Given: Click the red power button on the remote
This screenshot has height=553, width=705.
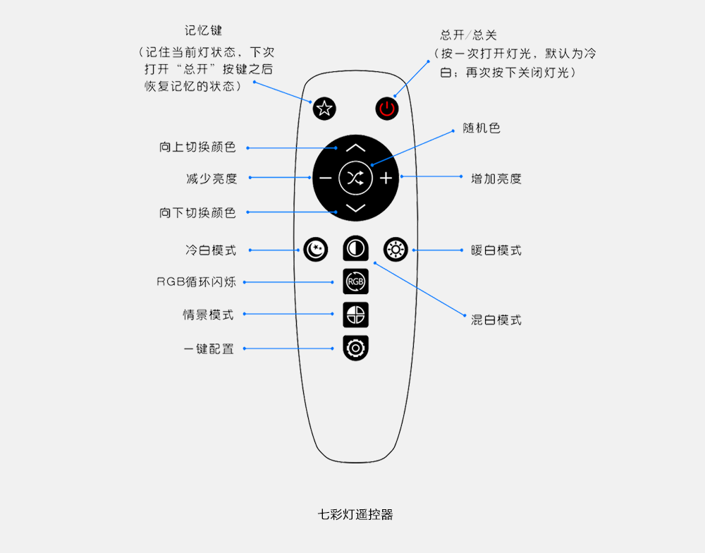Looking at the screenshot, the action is tap(386, 109).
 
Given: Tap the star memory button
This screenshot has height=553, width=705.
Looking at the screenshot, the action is tap(324, 109).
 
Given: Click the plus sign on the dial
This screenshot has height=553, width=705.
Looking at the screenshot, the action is tap(386, 178).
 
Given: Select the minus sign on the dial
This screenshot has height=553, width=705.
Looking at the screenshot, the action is tap(325, 178).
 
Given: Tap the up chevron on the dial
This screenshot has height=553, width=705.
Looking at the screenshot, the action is tap(355, 148).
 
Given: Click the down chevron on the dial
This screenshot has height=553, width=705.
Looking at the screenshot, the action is tap(355, 208).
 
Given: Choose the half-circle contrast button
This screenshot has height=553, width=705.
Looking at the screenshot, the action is tap(355, 248).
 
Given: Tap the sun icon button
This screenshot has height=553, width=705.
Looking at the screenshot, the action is tap(396, 249).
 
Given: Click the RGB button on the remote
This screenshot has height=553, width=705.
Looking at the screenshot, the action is tap(355, 281).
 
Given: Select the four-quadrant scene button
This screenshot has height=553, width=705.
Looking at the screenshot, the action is tap(355, 315).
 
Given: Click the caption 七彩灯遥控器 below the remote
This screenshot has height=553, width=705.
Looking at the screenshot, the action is tap(355, 514).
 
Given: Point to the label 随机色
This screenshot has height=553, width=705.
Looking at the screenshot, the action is tap(482, 128).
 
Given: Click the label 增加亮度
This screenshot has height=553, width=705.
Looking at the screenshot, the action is tap(496, 178).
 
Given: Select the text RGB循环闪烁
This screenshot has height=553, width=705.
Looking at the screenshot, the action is tap(196, 282).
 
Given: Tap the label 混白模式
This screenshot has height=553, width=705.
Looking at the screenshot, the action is tap(496, 320).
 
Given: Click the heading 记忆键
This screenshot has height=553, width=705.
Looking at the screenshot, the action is tap(203, 30).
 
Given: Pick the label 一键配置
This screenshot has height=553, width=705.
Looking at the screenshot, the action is tap(209, 348).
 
